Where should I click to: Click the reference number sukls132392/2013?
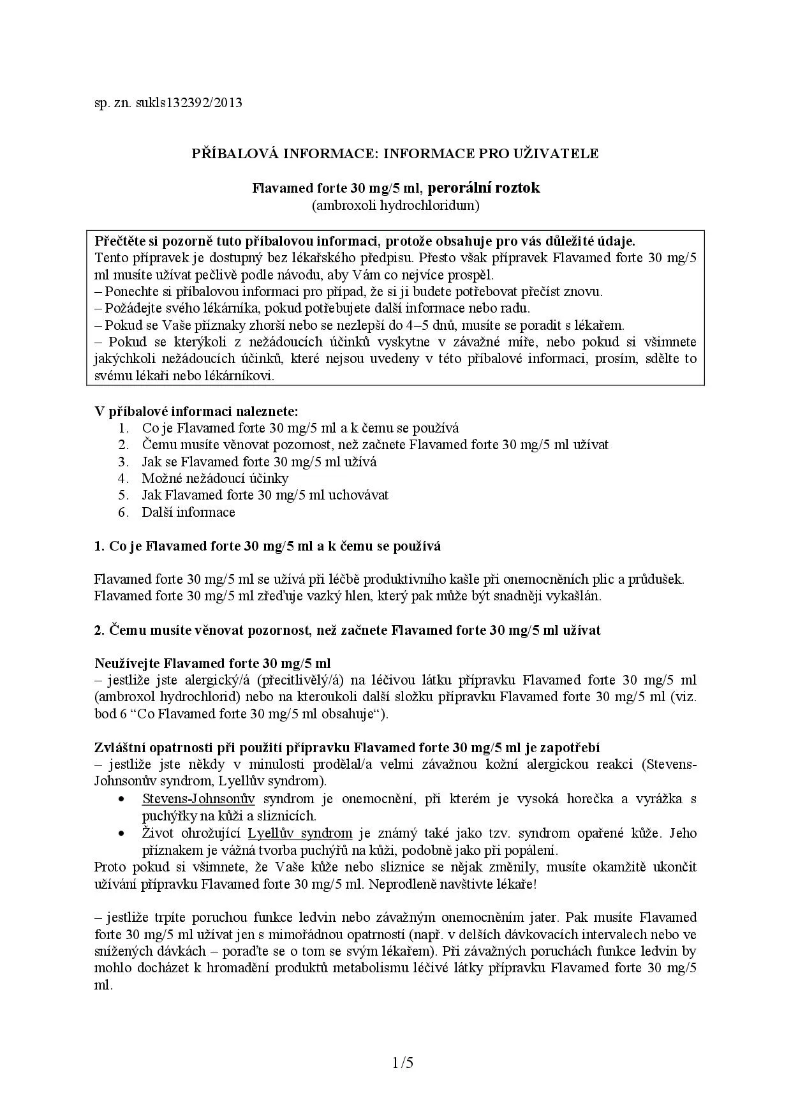[x=189, y=102]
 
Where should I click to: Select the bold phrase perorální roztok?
[x=484, y=188]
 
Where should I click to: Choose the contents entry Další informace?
[x=188, y=512]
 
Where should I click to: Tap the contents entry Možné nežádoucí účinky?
[x=215, y=478]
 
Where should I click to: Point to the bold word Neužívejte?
[x=128, y=663]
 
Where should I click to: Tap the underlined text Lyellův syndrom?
[x=300, y=833]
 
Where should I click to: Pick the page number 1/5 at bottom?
[x=403, y=1063]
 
